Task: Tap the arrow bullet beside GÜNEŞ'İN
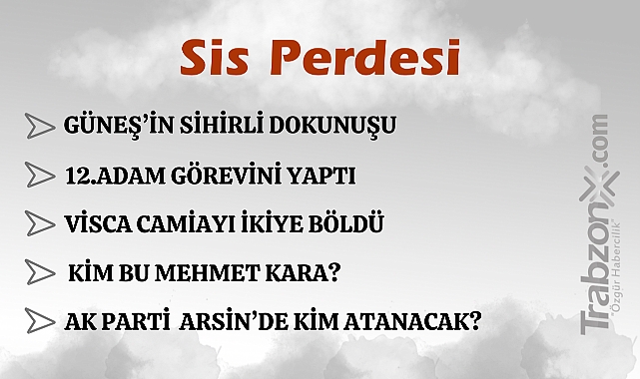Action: (x=41, y=127)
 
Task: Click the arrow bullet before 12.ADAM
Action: (x=41, y=176)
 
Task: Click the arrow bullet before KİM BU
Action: (x=41, y=271)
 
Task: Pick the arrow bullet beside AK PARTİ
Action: (x=41, y=320)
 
